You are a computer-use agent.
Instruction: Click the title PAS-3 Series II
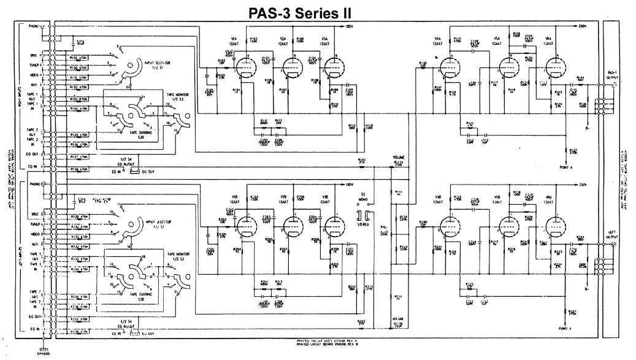tap(318, 10)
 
